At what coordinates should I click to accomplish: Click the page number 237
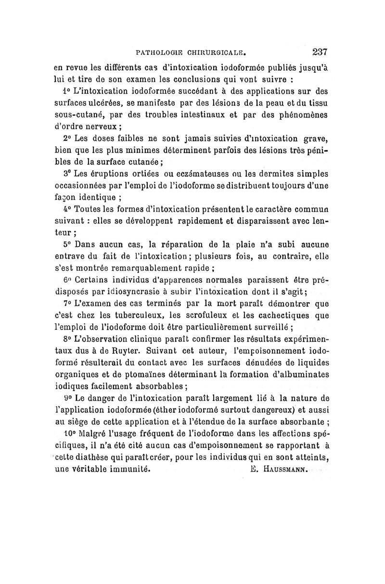pos(320,52)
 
